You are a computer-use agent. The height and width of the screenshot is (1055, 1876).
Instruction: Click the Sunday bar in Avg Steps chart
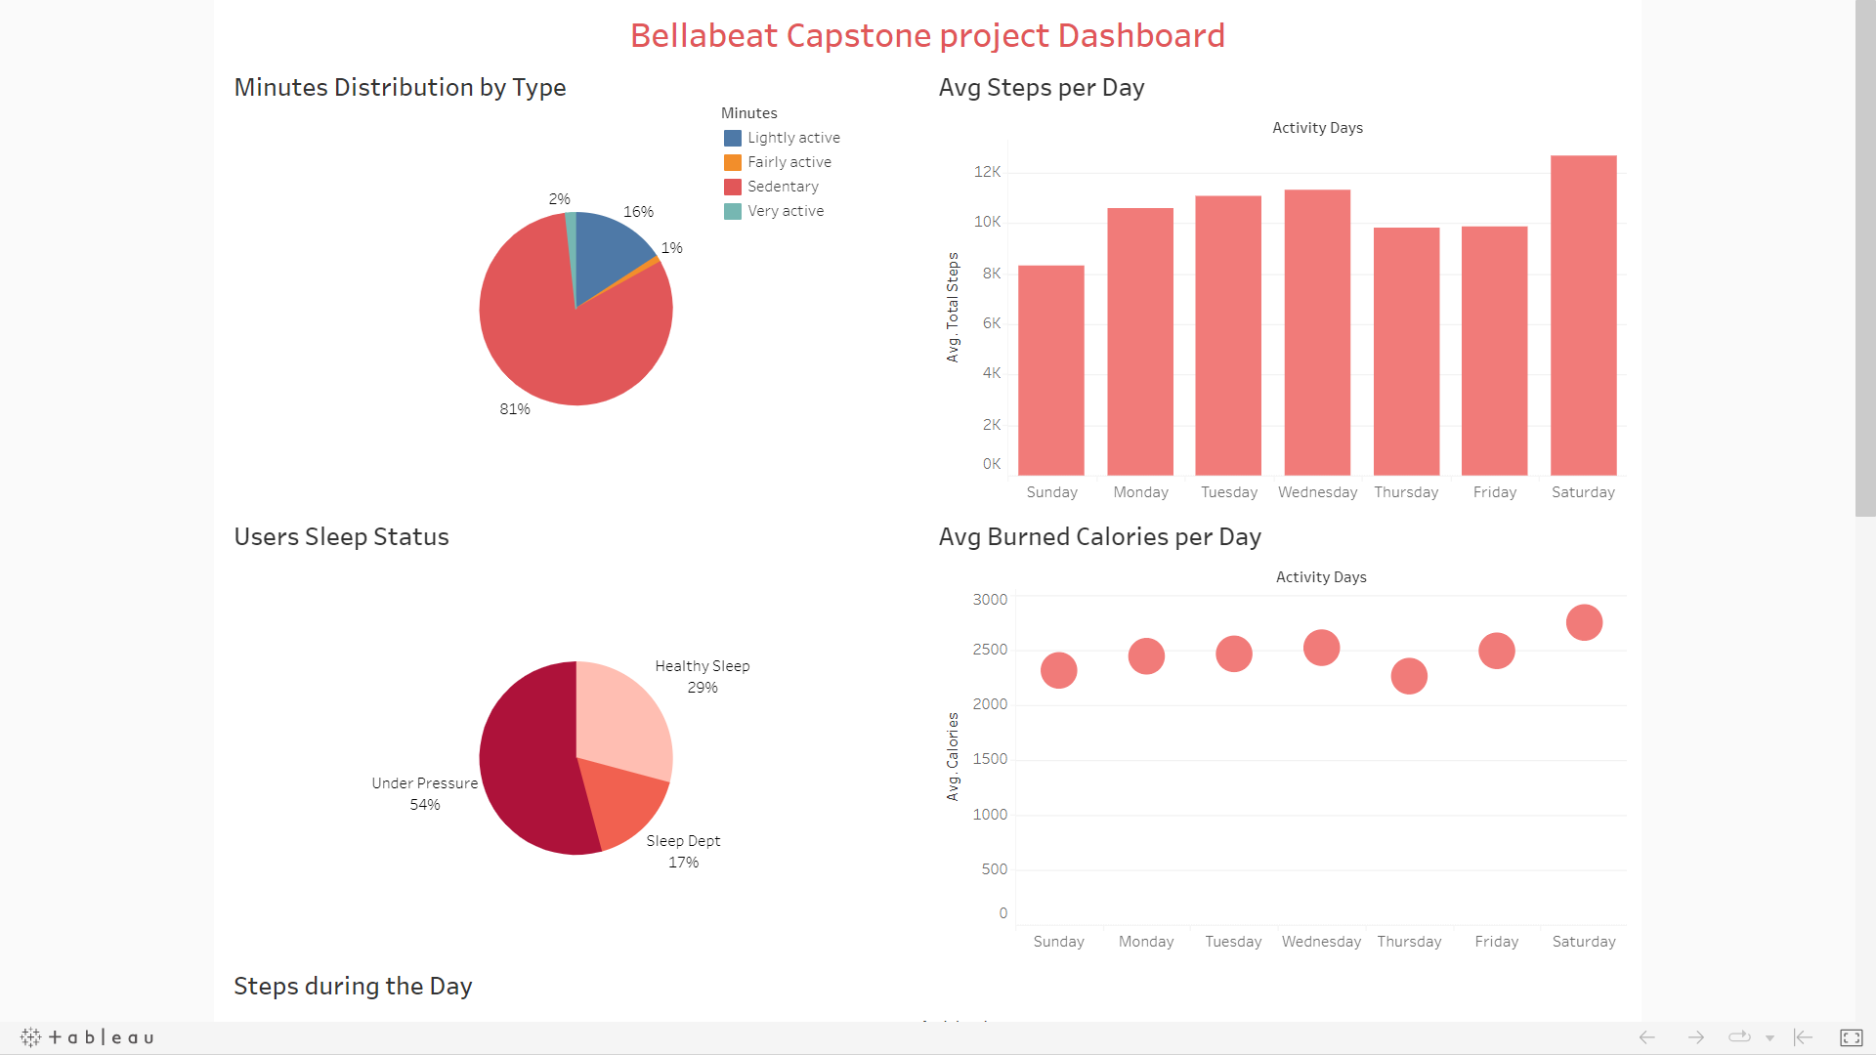click(1051, 370)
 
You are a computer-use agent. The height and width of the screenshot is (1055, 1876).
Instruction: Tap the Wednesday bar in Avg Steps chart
click(1317, 332)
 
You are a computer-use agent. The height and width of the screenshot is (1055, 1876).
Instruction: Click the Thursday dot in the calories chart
click(1409, 676)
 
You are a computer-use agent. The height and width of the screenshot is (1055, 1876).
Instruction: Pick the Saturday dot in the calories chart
click(1584, 622)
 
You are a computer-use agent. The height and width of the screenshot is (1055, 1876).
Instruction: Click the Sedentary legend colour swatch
click(733, 187)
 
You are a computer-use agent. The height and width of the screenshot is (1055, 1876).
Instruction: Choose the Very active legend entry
click(786, 211)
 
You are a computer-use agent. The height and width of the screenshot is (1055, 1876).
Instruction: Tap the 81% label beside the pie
click(515, 409)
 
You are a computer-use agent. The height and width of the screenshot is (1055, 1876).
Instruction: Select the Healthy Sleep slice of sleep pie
click(620, 713)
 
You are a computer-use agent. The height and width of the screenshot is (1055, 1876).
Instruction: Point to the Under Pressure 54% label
click(425, 793)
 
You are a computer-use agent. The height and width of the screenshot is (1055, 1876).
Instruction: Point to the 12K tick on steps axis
click(987, 172)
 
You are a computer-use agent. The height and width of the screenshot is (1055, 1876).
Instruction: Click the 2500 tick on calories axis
click(989, 650)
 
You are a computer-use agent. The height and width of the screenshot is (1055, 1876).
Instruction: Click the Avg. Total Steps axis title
click(953, 308)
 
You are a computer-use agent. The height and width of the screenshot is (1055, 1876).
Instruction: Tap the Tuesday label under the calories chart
click(1233, 942)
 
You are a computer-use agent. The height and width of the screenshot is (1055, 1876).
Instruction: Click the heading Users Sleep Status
click(341, 537)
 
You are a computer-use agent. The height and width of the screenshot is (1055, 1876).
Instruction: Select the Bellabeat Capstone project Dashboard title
click(926, 35)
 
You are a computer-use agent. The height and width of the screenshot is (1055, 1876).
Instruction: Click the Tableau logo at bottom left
click(87, 1037)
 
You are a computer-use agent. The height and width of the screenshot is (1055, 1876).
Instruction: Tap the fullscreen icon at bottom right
click(1851, 1037)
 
